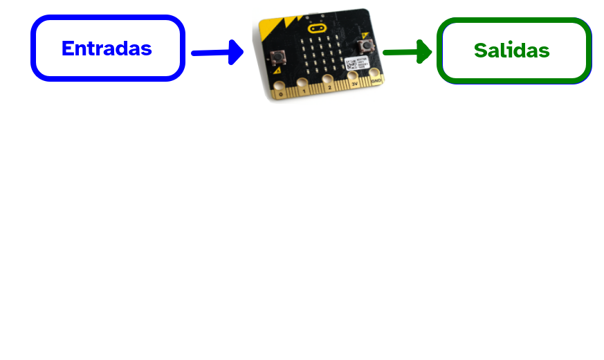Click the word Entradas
pos(107,48)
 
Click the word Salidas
pos(512,51)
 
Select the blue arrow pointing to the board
pos(217,52)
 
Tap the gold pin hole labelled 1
pos(302,84)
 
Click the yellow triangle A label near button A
pos(277,70)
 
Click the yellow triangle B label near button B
pos(365,34)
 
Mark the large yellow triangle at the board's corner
pos(268,30)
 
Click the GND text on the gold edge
pos(376,81)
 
